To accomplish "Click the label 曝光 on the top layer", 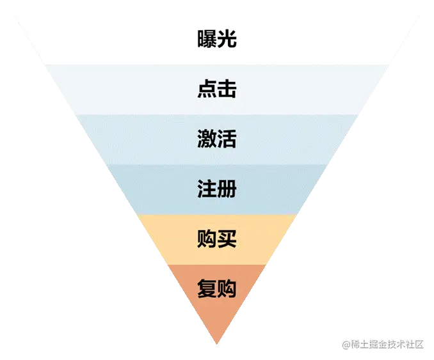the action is coord(217,40).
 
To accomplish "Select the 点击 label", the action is coord(217,89).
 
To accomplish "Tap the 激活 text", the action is coord(217,139).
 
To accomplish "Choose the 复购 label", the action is coord(217,288).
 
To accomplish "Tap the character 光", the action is coord(227,40).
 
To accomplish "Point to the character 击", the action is coord(227,89).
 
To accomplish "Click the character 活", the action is coord(227,139).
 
